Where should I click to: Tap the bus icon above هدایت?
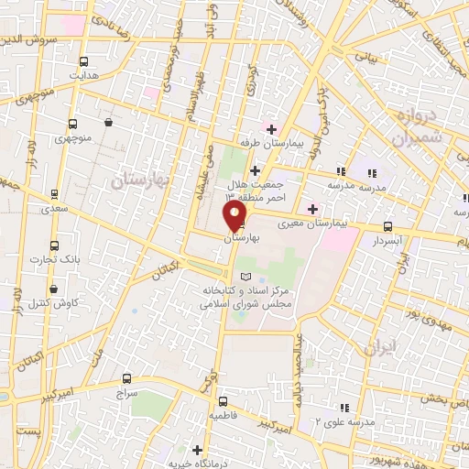pyautogui.click(x=85, y=57)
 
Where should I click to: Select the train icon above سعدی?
pyautogui.click(x=55, y=193)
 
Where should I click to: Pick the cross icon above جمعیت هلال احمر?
pyautogui.click(x=255, y=171)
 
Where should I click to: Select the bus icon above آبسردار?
pyautogui.click(x=387, y=226)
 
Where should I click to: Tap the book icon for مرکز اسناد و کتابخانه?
pyautogui.click(x=243, y=277)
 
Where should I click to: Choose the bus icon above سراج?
pyautogui.click(x=126, y=377)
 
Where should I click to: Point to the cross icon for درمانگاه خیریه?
pyautogui.click(x=198, y=449)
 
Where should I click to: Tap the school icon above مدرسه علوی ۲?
pyautogui.click(x=344, y=407)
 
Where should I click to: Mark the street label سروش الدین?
pyautogui.click(x=41, y=39)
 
